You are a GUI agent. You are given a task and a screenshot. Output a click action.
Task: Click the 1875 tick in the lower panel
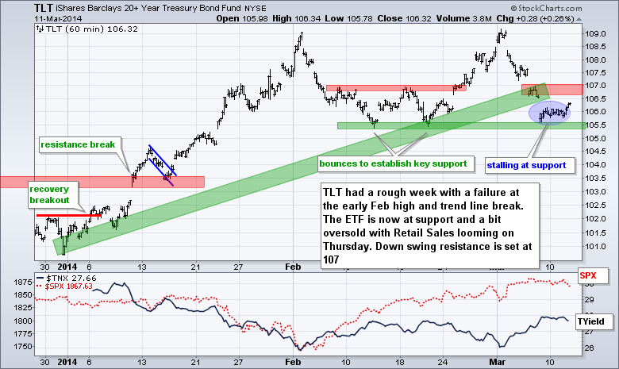[21, 280]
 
